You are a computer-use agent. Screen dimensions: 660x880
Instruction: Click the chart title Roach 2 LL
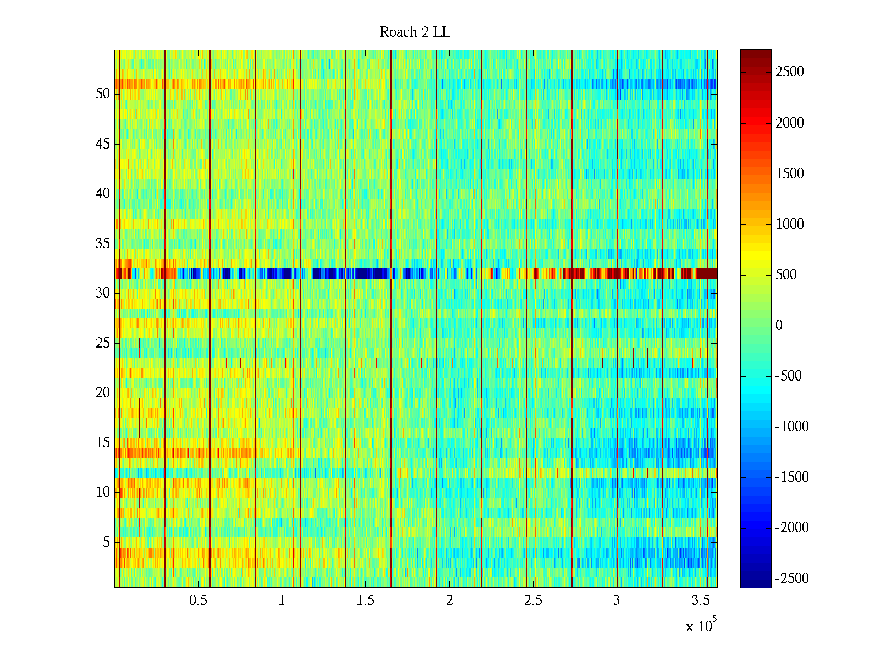click(415, 32)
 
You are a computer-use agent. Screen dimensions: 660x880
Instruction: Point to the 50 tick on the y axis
click(103, 94)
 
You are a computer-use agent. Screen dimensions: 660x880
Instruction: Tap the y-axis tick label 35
click(103, 244)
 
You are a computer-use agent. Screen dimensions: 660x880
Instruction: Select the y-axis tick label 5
click(106, 542)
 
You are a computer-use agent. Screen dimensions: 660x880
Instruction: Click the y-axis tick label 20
click(103, 393)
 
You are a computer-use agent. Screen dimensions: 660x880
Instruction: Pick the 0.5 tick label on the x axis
click(198, 601)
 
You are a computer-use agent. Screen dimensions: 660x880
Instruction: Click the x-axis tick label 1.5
click(365, 601)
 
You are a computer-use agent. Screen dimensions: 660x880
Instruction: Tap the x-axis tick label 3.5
click(700, 601)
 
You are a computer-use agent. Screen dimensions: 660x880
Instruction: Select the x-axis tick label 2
click(449, 601)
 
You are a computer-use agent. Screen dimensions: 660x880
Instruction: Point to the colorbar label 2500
click(789, 72)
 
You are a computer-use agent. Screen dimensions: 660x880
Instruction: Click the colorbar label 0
click(779, 326)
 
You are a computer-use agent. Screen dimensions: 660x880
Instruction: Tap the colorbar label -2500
click(791, 579)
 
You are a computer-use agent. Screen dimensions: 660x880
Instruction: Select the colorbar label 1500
click(789, 174)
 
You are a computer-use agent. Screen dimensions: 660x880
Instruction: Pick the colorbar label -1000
click(791, 427)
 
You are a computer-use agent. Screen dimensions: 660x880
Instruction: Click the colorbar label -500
click(788, 376)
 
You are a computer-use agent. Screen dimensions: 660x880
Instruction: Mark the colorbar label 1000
click(789, 224)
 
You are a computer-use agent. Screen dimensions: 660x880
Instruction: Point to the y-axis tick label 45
click(103, 144)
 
